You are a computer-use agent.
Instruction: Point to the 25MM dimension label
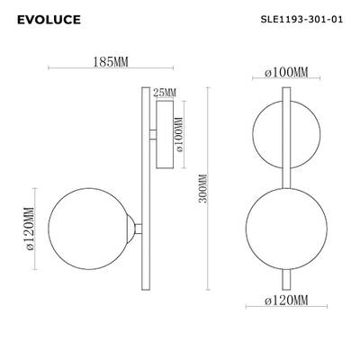(166, 92)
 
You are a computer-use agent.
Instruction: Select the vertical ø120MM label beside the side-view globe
(29, 227)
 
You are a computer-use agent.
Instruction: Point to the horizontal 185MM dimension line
(104, 73)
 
